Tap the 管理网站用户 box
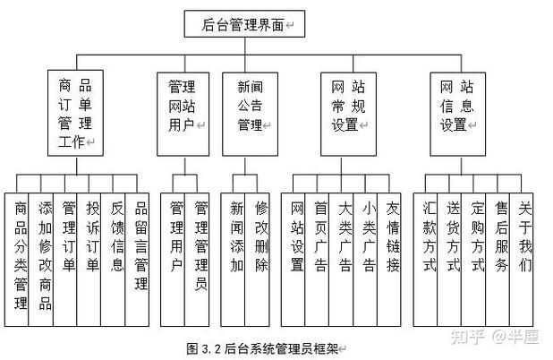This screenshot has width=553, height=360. [x=183, y=107]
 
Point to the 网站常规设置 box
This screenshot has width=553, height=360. [x=345, y=107]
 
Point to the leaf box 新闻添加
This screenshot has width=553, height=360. [x=236, y=237]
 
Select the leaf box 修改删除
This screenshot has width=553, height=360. [x=260, y=237]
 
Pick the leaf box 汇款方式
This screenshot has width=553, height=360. [x=430, y=237]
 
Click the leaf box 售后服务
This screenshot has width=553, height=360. [x=501, y=237]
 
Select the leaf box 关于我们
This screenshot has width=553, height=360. [x=524, y=237]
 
